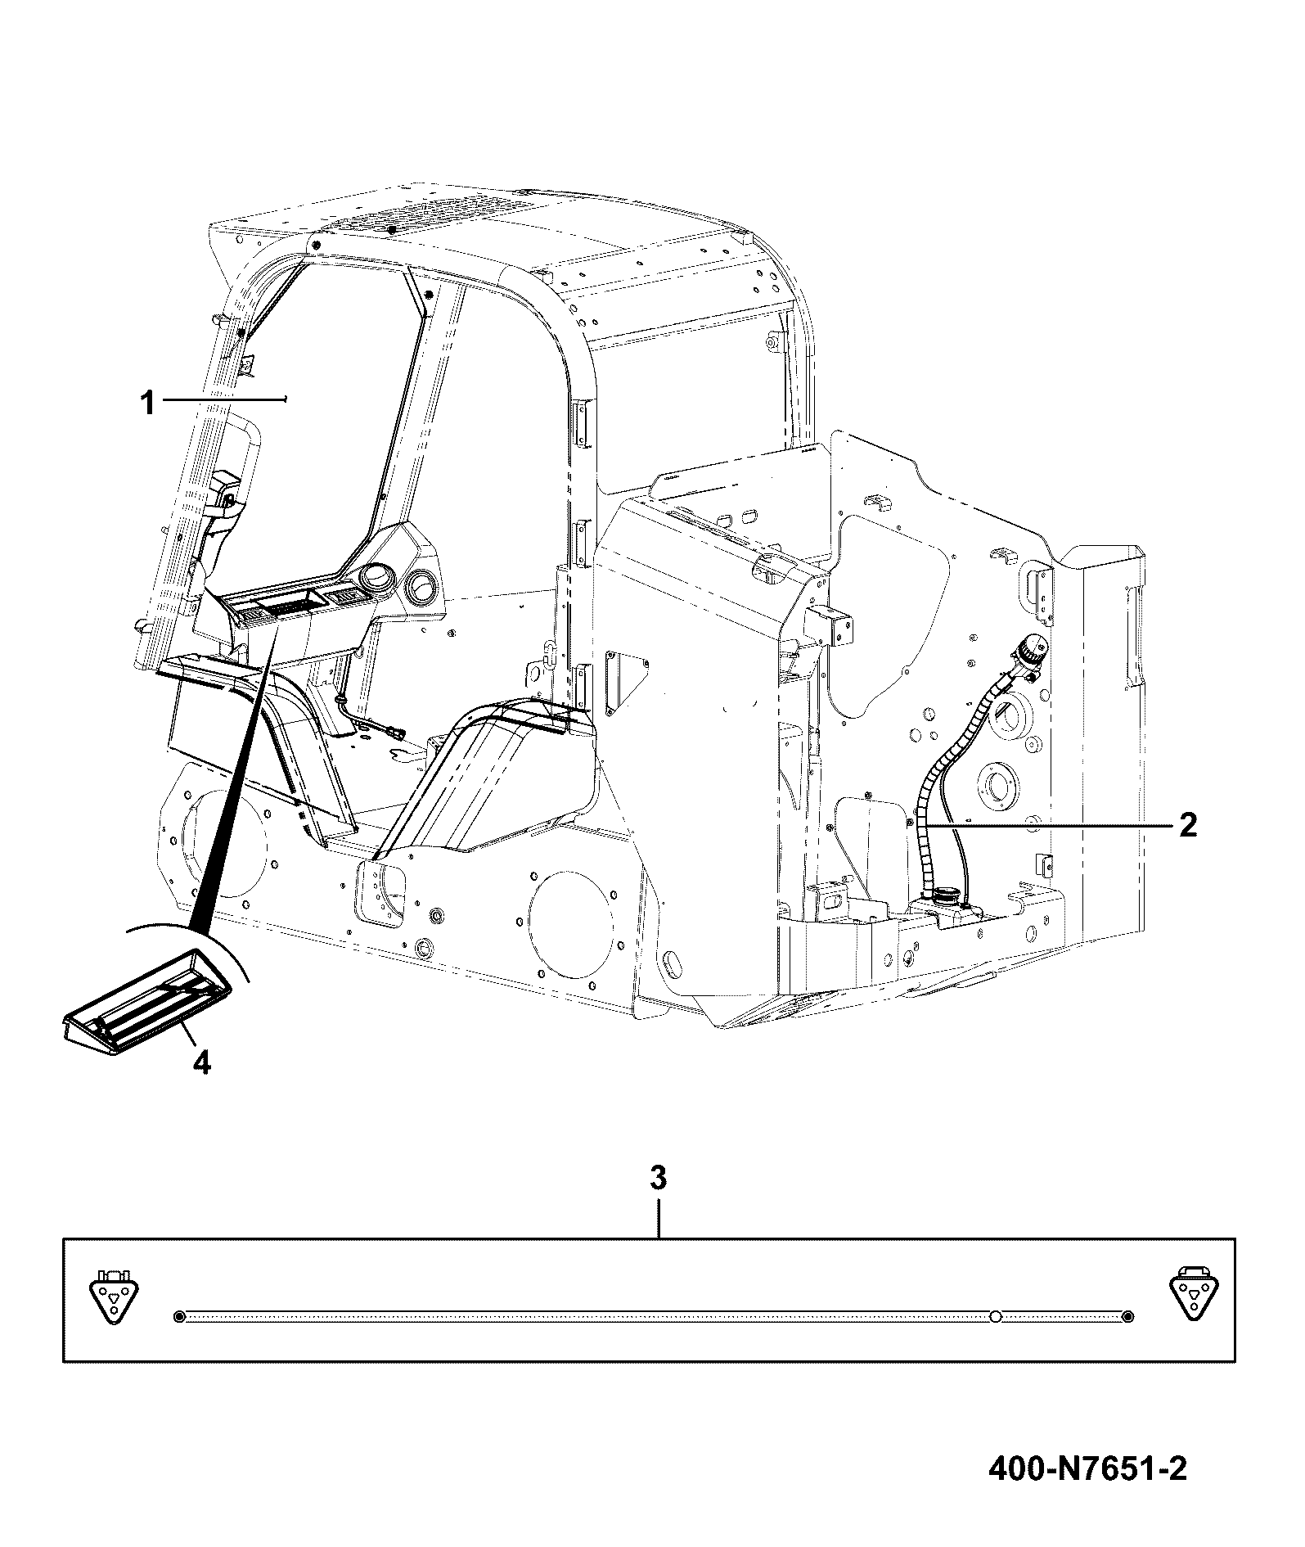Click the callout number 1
click(x=147, y=404)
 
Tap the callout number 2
click(x=1187, y=824)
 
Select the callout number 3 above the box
click(x=658, y=1179)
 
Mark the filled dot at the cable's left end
click(x=180, y=1316)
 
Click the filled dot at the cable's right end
click(x=1127, y=1316)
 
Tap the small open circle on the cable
click(x=995, y=1316)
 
